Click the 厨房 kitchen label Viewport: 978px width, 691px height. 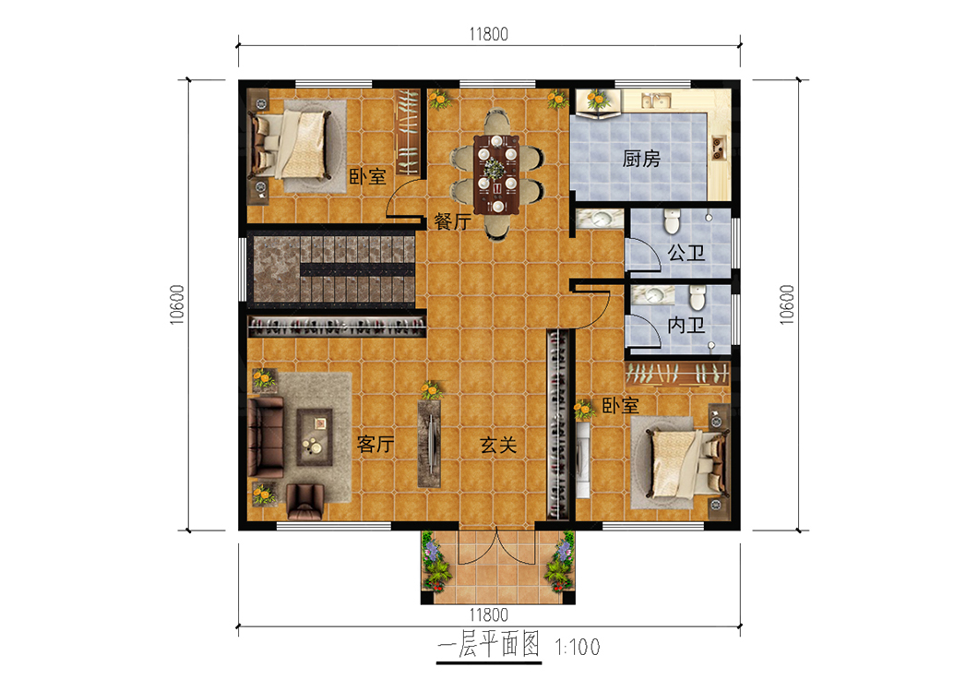pos(641,159)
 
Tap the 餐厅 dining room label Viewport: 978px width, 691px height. pos(453,221)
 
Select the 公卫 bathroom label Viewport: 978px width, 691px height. pos(686,253)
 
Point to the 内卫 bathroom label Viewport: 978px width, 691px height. pos(686,325)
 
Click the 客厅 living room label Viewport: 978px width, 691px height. pos(376,444)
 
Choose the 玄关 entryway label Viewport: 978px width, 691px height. pos(498,446)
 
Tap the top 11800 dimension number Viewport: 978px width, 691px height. pos(488,34)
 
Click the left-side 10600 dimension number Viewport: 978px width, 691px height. pos(177,304)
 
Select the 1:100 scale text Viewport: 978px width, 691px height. pos(578,647)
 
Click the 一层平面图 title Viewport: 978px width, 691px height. pos(488,644)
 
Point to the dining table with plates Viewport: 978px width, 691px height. pos(496,174)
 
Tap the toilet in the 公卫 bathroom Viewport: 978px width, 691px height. pos(671,221)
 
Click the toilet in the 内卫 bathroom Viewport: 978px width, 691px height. pos(698,297)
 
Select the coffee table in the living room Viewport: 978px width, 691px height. pos(315,437)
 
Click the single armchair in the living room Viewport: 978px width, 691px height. pos(305,501)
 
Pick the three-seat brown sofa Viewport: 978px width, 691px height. pos(266,437)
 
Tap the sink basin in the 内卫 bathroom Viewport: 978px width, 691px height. pos(653,294)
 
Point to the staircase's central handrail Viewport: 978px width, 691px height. pos(357,270)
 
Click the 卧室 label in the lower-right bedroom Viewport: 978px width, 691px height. pos(621,406)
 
